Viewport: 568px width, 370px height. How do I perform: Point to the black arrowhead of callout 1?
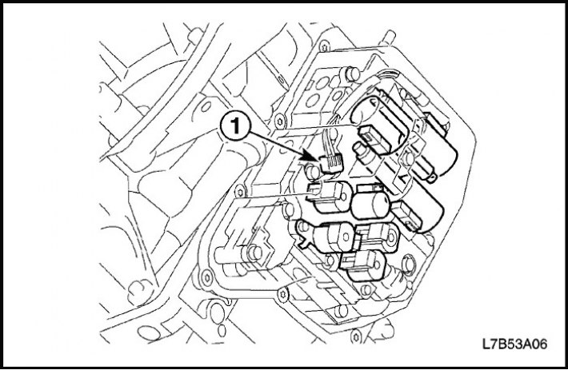[x=312, y=157]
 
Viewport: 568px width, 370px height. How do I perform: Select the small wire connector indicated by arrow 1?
[x=331, y=163]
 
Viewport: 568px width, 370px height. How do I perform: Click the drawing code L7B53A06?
[x=514, y=344]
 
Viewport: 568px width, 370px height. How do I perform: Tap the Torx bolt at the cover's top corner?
[x=324, y=46]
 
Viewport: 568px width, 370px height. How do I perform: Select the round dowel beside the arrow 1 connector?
[x=313, y=172]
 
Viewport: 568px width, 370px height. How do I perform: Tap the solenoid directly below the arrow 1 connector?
[x=330, y=197]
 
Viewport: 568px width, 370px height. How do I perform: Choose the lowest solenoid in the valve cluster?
[x=363, y=265]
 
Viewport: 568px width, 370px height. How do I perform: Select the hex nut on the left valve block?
[x=254, y=253]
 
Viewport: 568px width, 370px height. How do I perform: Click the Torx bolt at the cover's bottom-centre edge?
[x=282, y=294]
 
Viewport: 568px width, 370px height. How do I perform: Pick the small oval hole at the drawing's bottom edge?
[x=222, y=331]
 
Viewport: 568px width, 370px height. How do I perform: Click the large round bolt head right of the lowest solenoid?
[x=408, y=263]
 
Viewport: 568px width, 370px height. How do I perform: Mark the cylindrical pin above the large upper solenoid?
[x=351, y=75]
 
